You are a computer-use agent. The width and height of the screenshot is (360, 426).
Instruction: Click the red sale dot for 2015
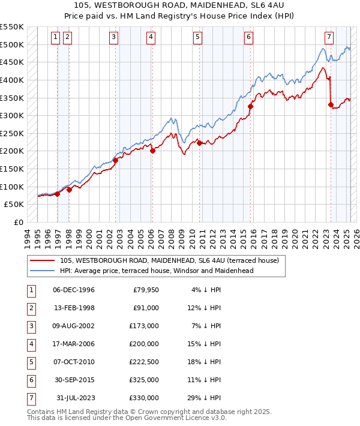pyautogui.click(x=251, y=106)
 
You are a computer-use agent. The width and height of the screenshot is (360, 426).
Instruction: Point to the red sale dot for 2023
pyautogui.click(x=331, y=104)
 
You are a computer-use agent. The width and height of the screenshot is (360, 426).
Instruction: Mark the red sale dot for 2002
pyautogui.click(x=115, y=160)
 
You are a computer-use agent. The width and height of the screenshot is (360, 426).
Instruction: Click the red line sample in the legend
pyautogui.click(x=42, y=261)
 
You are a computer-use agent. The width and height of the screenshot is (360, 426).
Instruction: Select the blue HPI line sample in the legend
pyautogui.click(x=42, y=271)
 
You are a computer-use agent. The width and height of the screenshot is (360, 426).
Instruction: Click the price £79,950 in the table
pyautogui.click(x=143, y=290)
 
